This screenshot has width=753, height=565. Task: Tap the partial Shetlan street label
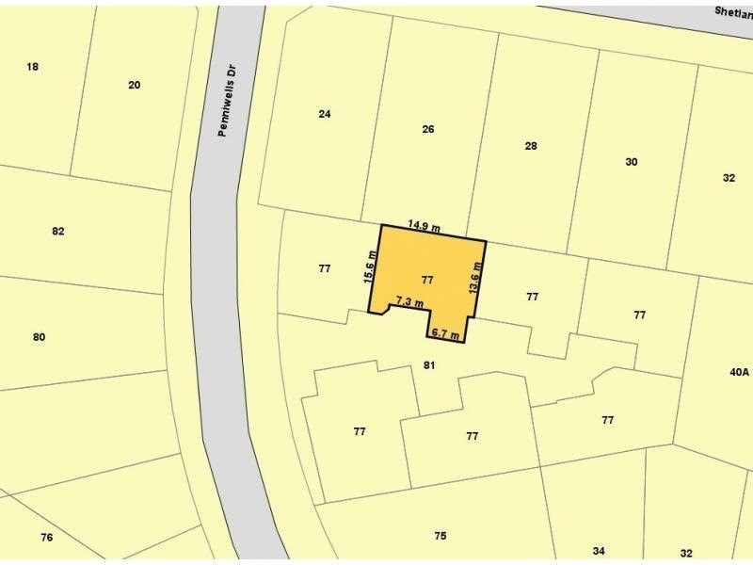click(x=732, y=11)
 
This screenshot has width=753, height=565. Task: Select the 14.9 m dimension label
click(x=425, y=225)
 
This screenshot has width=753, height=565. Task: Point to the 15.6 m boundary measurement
click(x=371, y=266)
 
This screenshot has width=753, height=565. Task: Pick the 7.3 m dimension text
click(x=409, y=301)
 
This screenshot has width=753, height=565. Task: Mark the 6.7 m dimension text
click(x=444, y=333)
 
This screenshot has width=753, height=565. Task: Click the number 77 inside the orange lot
click(x=427, y=280)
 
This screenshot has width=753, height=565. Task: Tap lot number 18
click(x=33, y=66)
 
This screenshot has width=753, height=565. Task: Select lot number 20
click(x=134, y=85)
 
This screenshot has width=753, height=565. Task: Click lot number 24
click(x=325, y=114)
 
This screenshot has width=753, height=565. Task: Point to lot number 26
click(x=428, y=129)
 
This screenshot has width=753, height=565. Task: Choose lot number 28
click(x=531, y=146)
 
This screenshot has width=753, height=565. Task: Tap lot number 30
click(x=632, y=162)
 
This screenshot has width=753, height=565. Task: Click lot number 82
click(x=58, y=231)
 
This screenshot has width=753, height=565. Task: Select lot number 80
click(x=39, y=336)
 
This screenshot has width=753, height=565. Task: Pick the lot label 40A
click(x=739, y=373)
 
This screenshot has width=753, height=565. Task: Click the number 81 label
click(x=428, y=364)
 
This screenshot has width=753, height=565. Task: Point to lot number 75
click(x=441, y=536)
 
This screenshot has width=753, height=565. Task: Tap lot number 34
click(x=599, y=551)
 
